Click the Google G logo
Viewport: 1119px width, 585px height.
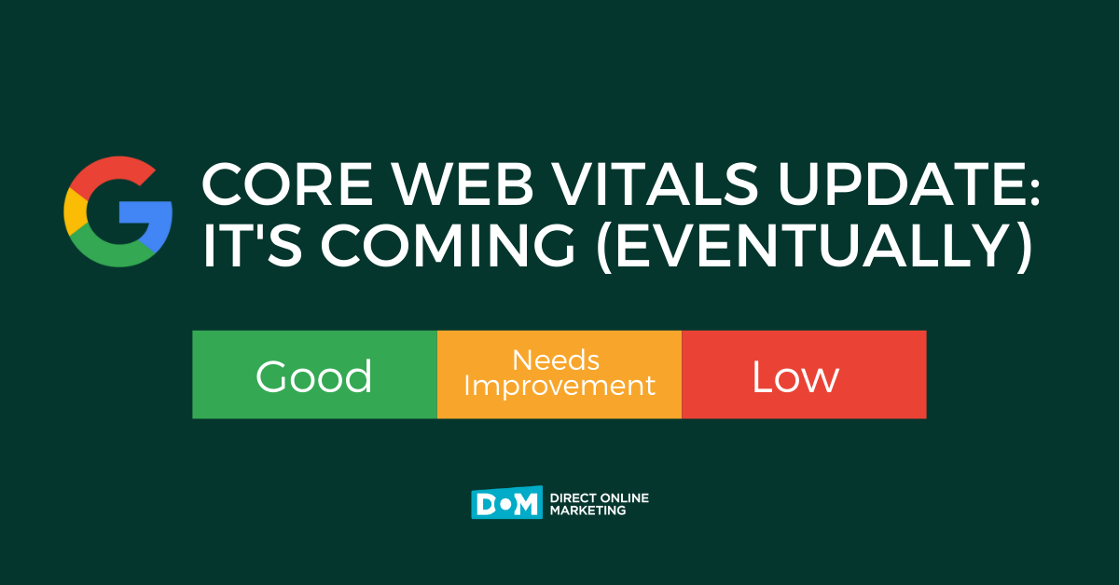pos(117,212)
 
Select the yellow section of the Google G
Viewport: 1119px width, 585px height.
pos(73,212)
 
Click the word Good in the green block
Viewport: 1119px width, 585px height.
pos(314,376)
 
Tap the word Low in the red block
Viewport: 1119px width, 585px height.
pos(795,376)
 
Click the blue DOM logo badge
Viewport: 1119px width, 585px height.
pos(506,504)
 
